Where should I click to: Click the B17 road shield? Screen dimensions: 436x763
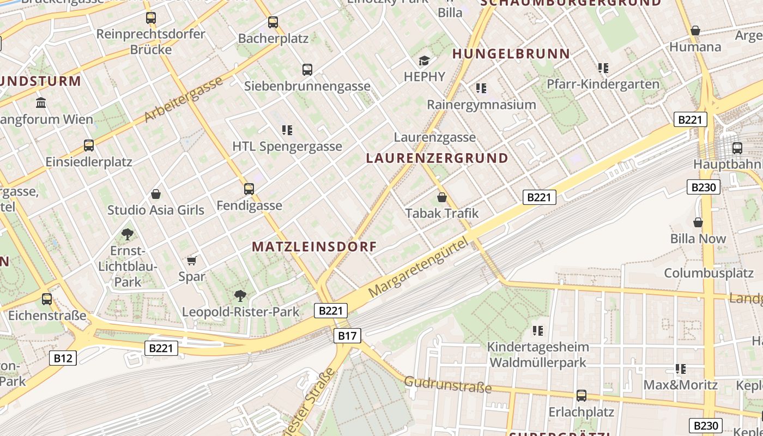[347, 336]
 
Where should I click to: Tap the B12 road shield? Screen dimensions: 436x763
[63, 358]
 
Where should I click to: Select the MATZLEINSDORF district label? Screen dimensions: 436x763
[314, 246]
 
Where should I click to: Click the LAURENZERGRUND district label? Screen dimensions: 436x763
[437, 159]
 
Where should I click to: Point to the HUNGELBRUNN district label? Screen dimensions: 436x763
[511, 54]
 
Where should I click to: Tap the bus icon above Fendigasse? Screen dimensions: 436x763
[249, 189]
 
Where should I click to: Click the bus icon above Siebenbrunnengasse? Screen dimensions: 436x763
[307, 70]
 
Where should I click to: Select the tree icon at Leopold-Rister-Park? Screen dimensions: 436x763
[240, 296]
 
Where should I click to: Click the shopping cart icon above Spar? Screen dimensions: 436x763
[191, 261]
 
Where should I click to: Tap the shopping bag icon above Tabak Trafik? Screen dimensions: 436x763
[442, 197]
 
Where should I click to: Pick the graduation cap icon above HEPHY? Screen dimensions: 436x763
[424, 60]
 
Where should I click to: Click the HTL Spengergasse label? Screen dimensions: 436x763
[287, 147]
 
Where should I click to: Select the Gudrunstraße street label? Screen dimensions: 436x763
[447, 385]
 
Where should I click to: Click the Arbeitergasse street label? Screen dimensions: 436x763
[184, 99]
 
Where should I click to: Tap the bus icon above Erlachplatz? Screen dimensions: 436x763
[582, 396]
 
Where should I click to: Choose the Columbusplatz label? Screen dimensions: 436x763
[708, 273]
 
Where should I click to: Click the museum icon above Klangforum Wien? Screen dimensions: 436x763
[41, 103]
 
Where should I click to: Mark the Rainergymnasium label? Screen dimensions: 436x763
[481, 105]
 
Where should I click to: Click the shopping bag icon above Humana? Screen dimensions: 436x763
[695, 31]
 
